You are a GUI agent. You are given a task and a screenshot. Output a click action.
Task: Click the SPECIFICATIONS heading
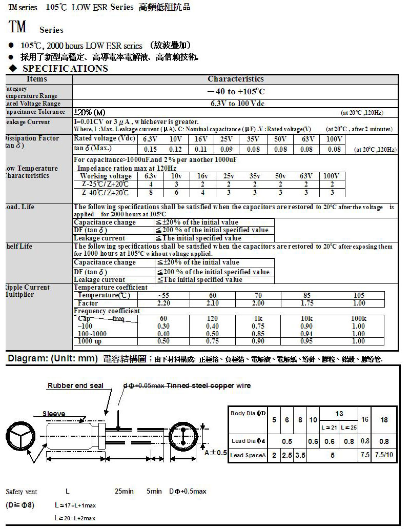(x=65, y=69)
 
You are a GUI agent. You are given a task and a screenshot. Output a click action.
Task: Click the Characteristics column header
(x=235, y=79)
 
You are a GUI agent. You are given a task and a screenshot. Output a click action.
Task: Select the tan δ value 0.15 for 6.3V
(x=150, y=149)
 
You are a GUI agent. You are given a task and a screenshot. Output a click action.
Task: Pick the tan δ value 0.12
(x=175, y=149)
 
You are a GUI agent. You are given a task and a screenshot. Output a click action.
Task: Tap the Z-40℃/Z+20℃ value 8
(x=151, y=193)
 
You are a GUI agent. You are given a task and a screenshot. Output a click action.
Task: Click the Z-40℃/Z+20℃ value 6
(x=176, y=193)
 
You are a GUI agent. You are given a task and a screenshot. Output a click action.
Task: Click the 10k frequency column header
(x=306, y=319)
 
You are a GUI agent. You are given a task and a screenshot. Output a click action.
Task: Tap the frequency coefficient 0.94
(x=306, y=334)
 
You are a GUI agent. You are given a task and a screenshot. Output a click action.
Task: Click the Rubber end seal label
(x=75, y=385)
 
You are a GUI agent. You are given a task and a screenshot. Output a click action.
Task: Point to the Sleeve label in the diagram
(x=54, y=414)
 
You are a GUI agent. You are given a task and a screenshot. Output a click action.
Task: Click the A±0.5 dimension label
(x=215, y=453)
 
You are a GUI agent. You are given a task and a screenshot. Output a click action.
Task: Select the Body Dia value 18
(x=384, y=419)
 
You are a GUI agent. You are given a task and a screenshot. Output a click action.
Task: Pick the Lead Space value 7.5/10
(x=384, y=455)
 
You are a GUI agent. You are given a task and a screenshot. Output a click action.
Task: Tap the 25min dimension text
(x=124, y=491)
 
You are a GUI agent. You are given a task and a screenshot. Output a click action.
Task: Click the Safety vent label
(x=22, y=492)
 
